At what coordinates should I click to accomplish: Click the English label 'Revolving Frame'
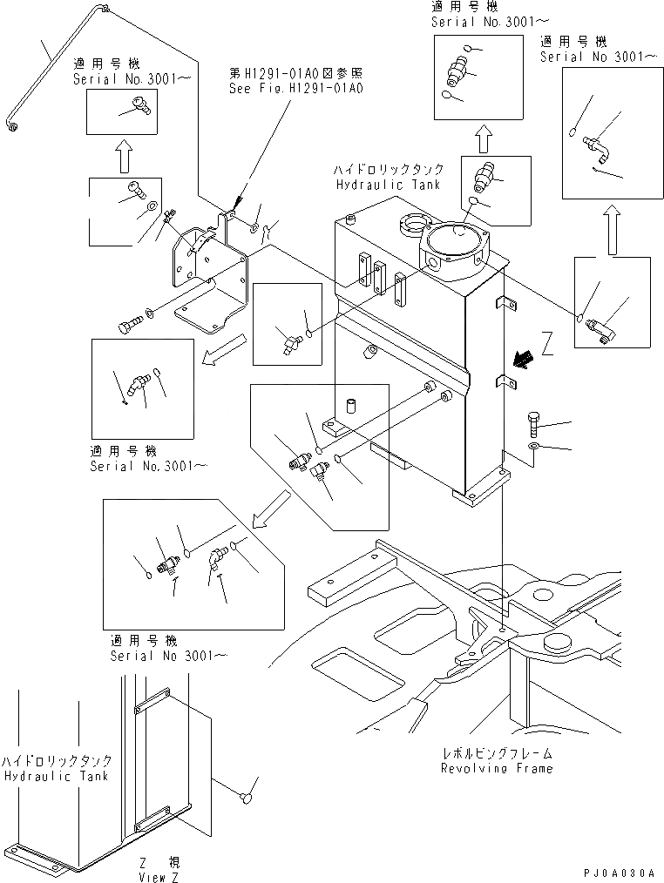click(x=496, y=768)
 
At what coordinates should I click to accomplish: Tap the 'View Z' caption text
click(x=158, y=877)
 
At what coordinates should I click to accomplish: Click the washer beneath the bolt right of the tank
click(x=533, y=448)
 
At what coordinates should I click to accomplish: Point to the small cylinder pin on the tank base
click(x=353, y=407)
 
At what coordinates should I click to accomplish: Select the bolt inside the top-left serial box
click(x=135, y=107)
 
